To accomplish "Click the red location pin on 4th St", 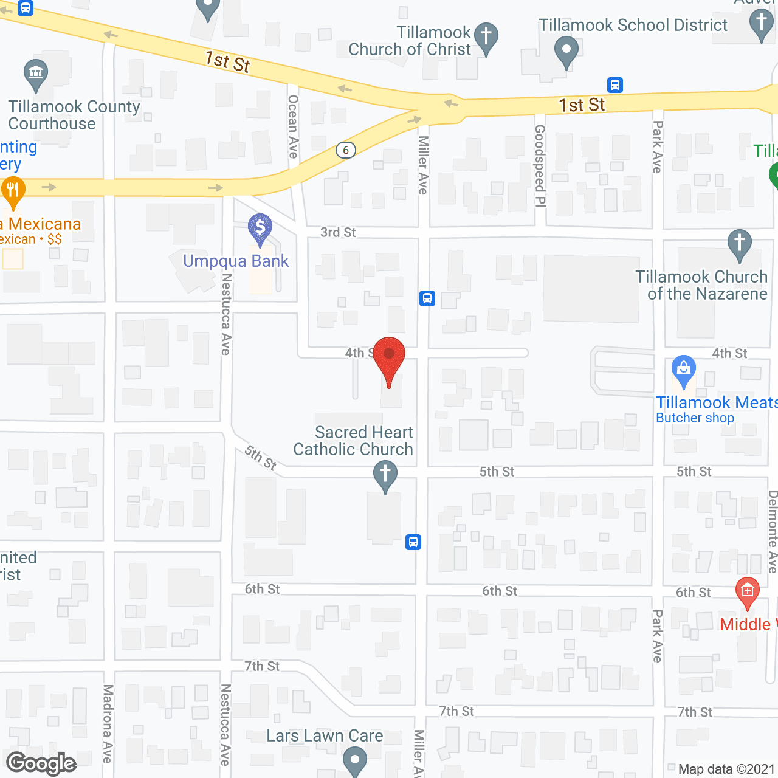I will [x=389, y=356].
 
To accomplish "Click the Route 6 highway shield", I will [x=346, y=150].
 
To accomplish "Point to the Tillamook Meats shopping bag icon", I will [x=684, y=370].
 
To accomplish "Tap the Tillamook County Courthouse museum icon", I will [x=36, y=74].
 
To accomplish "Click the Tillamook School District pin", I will [x=566, y=50].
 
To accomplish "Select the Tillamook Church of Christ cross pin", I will [x=486, y=37].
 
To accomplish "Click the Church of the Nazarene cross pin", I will [x=739, y=244].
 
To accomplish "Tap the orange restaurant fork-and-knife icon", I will [x=13, y=190].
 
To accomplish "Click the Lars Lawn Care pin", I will [x=354, y=760].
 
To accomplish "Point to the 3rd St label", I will [x=338, y=232].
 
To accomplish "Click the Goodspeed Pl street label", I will [x=540, y=165].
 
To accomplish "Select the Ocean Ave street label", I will [x=293, y=126].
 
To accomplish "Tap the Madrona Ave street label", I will [x=108, y=723].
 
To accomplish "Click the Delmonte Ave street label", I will [x=773, y=532].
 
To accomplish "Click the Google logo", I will [x=41, y=763].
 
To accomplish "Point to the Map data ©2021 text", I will [x=726, y=769].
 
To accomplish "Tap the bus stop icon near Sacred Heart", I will [x=413, y=542].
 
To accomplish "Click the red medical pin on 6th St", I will [x=747, y=591].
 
